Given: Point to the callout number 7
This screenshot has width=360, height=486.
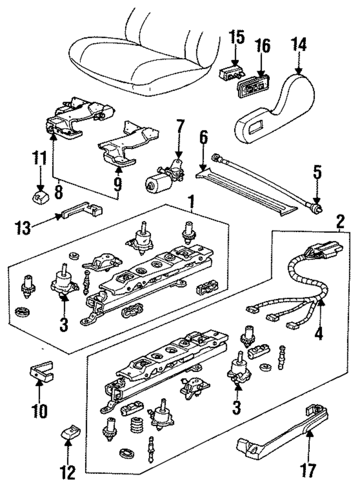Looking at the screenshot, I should pyautogui.click(x=180, y=127).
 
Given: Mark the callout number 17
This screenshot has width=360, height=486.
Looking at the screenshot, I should pyautogui.click(x=309, y=469).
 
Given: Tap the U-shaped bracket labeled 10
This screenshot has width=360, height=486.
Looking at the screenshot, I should pyautogui.click(x=41, y=372).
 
